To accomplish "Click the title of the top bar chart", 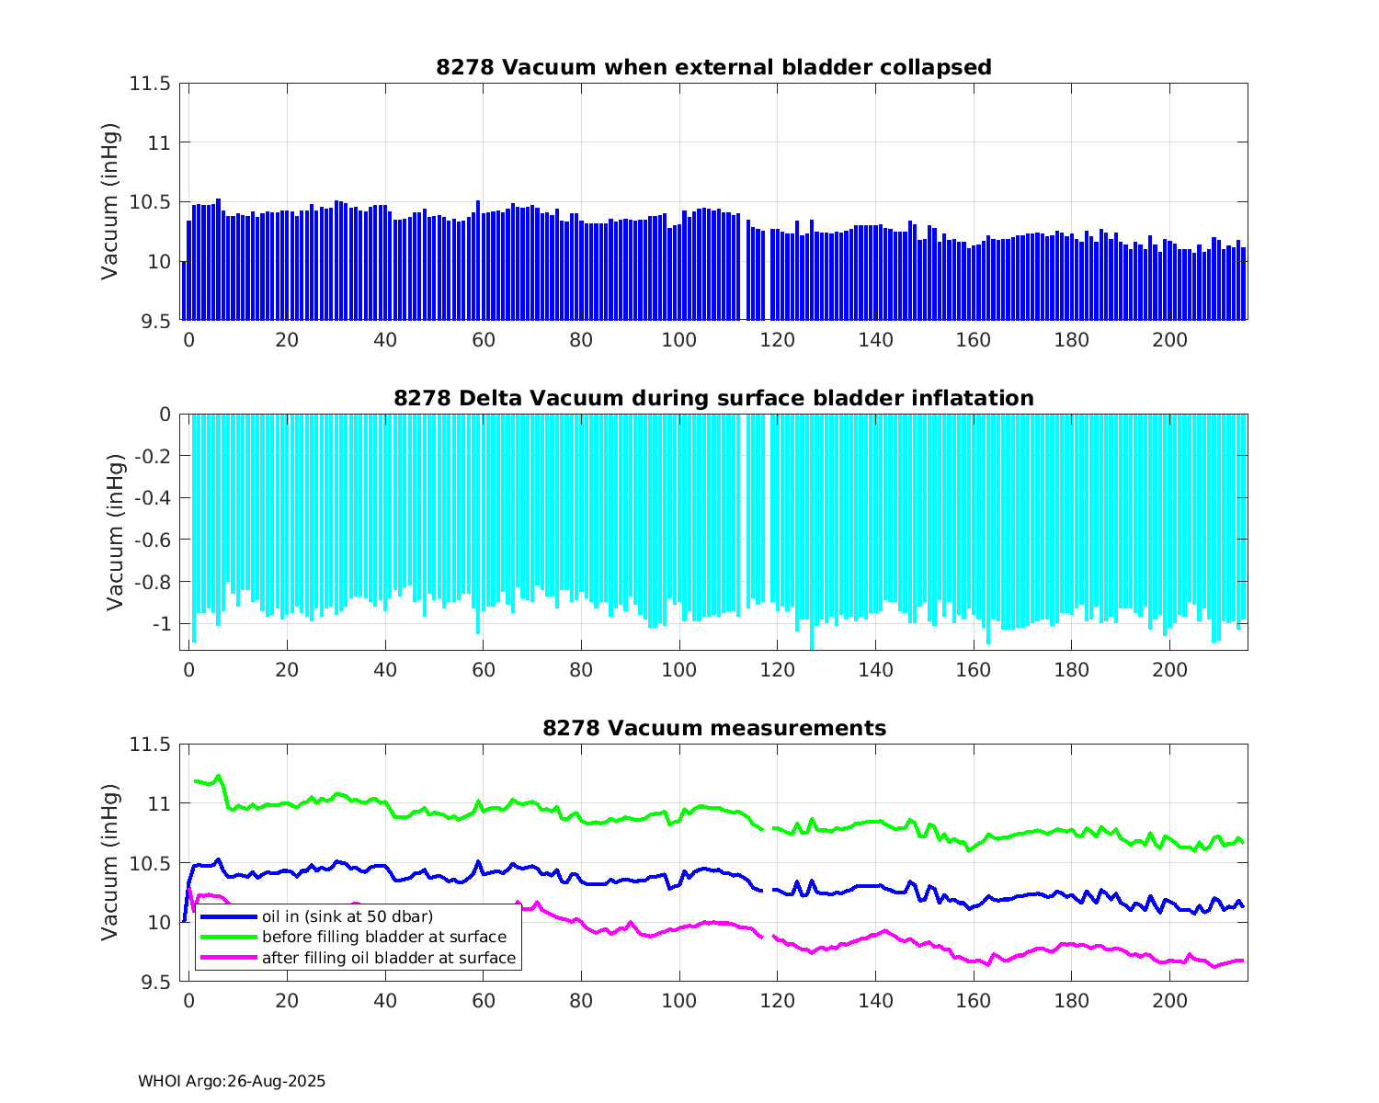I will click(713, 67).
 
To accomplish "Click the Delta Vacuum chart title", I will click(713, 398).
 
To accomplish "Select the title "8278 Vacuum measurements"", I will click(713, 729).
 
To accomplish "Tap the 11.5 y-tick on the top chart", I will click(150, 84).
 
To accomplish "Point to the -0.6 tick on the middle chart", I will click(153, 540).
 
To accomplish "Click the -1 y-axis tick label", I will click(162, 624).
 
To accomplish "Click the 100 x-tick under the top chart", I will click(679, 340).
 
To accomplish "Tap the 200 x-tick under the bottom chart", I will click(1169, 1001).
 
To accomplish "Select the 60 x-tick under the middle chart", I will click(484, 670).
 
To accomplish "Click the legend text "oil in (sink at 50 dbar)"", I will click(347, 916).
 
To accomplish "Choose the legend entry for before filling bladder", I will click(383, 937).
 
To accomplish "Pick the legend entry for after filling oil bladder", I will click(388, 958).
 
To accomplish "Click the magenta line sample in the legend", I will click(228, 958).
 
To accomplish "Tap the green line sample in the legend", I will click(228, 937).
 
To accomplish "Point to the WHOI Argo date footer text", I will click(232, 1082).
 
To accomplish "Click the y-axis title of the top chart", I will click(110, 201).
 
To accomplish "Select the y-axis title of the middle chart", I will click(114, 532).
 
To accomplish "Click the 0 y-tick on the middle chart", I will click(165, 415).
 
